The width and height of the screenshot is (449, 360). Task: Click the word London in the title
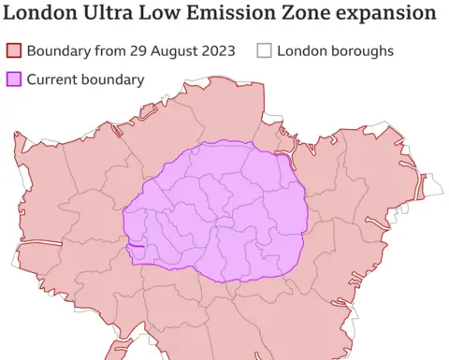tap(41, 14)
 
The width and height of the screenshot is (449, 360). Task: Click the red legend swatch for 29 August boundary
tap(14, 50)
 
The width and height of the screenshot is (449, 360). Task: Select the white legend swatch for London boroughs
tap(264, 50)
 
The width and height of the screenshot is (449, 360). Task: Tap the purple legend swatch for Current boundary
tap(14, 79)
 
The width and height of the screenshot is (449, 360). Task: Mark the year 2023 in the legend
tap(222, 50)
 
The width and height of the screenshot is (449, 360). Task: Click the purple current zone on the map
tap(215, 210)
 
